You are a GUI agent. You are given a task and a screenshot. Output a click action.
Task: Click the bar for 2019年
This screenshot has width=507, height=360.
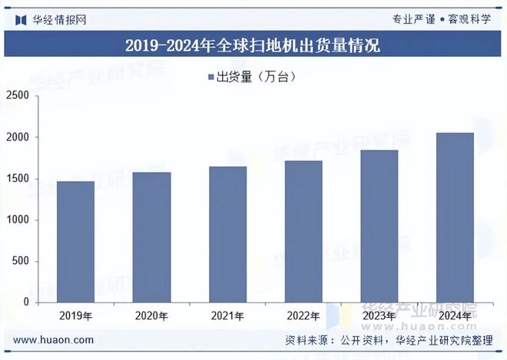75,242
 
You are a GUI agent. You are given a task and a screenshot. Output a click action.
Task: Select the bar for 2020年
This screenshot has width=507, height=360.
151,237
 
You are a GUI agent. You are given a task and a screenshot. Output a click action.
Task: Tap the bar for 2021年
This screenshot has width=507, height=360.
227,234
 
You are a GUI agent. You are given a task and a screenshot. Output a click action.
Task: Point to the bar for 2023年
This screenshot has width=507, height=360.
379,226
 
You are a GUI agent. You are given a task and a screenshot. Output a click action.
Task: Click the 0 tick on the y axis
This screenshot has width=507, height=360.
26,302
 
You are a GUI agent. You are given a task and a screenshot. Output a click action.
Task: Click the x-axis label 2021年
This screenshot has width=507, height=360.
227,315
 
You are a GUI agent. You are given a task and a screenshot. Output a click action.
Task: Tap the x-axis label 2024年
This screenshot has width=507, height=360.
455,315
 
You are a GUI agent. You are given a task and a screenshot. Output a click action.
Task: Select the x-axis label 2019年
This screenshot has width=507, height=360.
75,315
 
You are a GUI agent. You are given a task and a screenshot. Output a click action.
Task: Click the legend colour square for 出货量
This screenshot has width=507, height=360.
210,76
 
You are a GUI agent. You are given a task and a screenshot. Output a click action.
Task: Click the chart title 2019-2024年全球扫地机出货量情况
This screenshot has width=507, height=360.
253,45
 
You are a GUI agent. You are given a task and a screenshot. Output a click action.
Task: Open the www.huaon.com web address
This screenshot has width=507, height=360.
54,339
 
